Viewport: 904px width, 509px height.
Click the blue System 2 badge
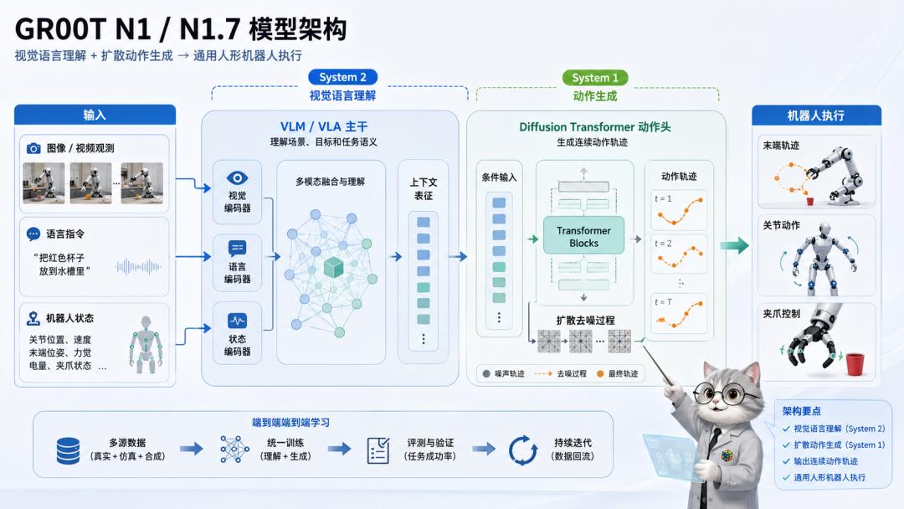click(342, 77)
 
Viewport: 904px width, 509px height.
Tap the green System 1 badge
click(595, 77)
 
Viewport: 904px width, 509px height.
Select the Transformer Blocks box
click(583, 236)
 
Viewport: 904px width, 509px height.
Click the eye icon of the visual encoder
click(237, 178)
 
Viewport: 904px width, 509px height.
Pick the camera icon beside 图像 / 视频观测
click(33, 148)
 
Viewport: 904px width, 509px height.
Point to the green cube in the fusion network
click(333, 267)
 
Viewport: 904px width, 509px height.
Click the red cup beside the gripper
click(855, 363)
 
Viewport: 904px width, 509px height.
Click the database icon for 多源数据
click(68, 450)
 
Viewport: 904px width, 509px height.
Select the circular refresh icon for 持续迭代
click(523, 450)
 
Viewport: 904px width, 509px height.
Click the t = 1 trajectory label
click(663, 199)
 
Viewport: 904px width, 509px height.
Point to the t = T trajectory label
click(663, 302)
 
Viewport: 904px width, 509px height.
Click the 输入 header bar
click(95, 115)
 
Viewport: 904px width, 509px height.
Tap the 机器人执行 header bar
click(816, 116)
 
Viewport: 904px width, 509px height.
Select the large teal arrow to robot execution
click(734, 245)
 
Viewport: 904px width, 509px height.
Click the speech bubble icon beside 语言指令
click(33, 234)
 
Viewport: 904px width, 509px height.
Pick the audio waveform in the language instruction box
click(138, 266)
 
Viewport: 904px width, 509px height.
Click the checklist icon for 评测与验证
click(378, 450)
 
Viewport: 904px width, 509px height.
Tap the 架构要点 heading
click(801, 411)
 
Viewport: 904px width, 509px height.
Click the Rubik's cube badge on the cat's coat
click(728, 455)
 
